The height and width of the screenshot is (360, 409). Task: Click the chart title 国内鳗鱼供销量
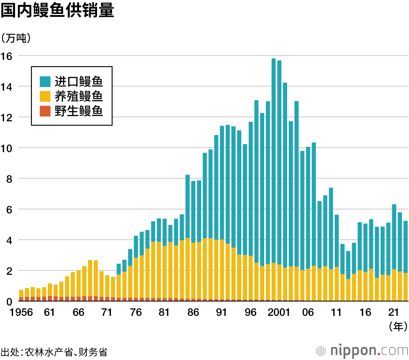pyautogui.click(x=57, y=11)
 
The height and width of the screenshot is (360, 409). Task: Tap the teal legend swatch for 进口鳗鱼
pyautogui.click(x=45, y=81)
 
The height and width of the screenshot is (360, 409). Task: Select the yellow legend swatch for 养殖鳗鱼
pyautogui.click(x=45, y=96)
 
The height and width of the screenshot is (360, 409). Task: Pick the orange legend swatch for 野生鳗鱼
pyautogui.click(x=45, y=111)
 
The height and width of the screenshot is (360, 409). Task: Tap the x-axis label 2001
pyautogui.click(x=279, y=313)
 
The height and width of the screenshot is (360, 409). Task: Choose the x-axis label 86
pyautogui.click(x=193, y=313)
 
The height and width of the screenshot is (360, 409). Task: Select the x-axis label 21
pyautogui.click(x=394, y=313)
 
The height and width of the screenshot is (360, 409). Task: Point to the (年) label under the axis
pyautogui.click(x=397, y=326)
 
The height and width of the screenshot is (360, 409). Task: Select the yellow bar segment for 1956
pyautogui.click(x=21, y=293)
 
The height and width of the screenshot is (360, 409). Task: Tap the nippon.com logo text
pyautogui.click(x=369, y=351)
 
